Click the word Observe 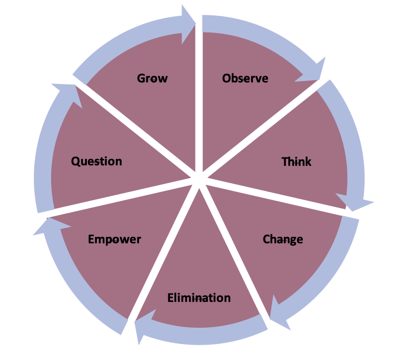[245, 78]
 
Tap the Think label [296, 162]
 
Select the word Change [283, 239]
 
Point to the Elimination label [199, 298]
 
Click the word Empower [115, 239]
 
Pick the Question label [96, 161]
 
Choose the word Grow [152, 78]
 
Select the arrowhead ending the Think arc [357, 203]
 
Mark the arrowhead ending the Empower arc [47, 226]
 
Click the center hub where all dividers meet [198, 180]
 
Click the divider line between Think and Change [278, 196]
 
